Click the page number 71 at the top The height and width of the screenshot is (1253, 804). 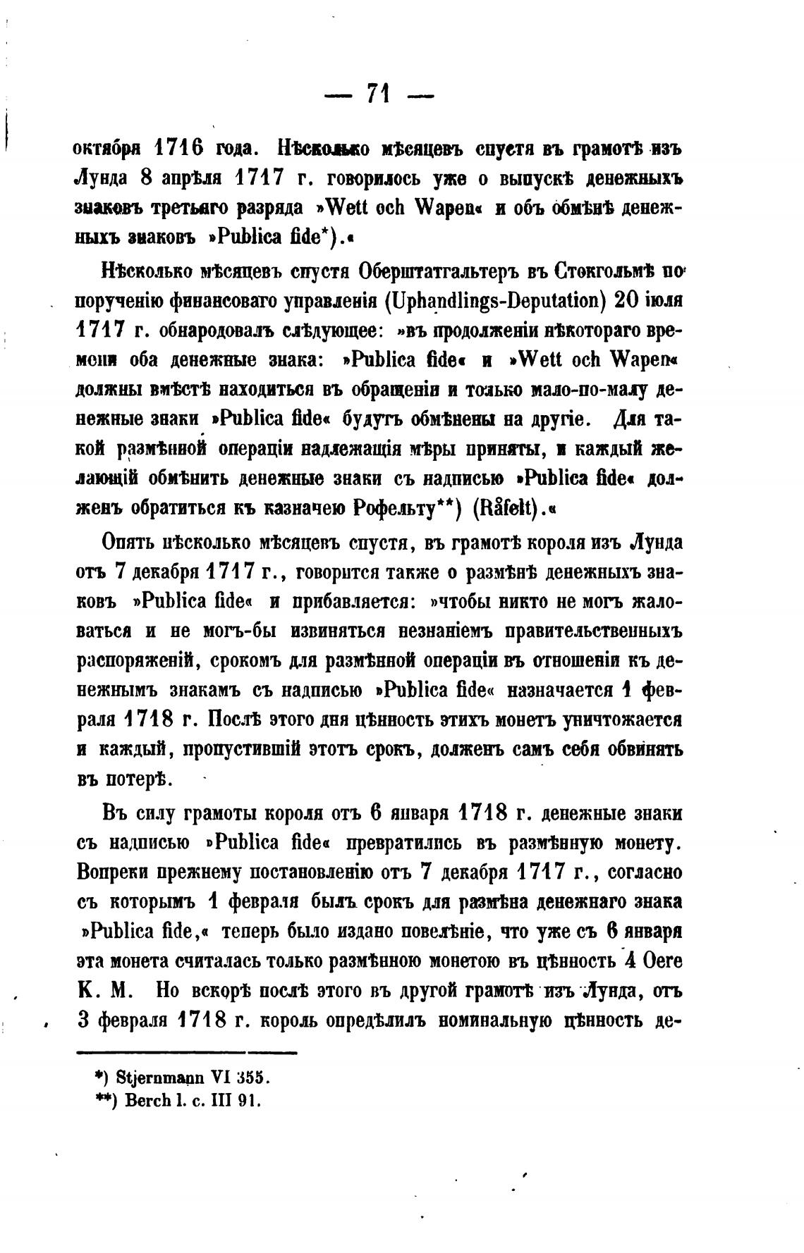(379, 94)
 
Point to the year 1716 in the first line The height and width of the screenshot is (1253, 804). (179, 150)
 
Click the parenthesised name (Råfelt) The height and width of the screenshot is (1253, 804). (503, 508)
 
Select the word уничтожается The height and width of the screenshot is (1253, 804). (621, 720)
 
